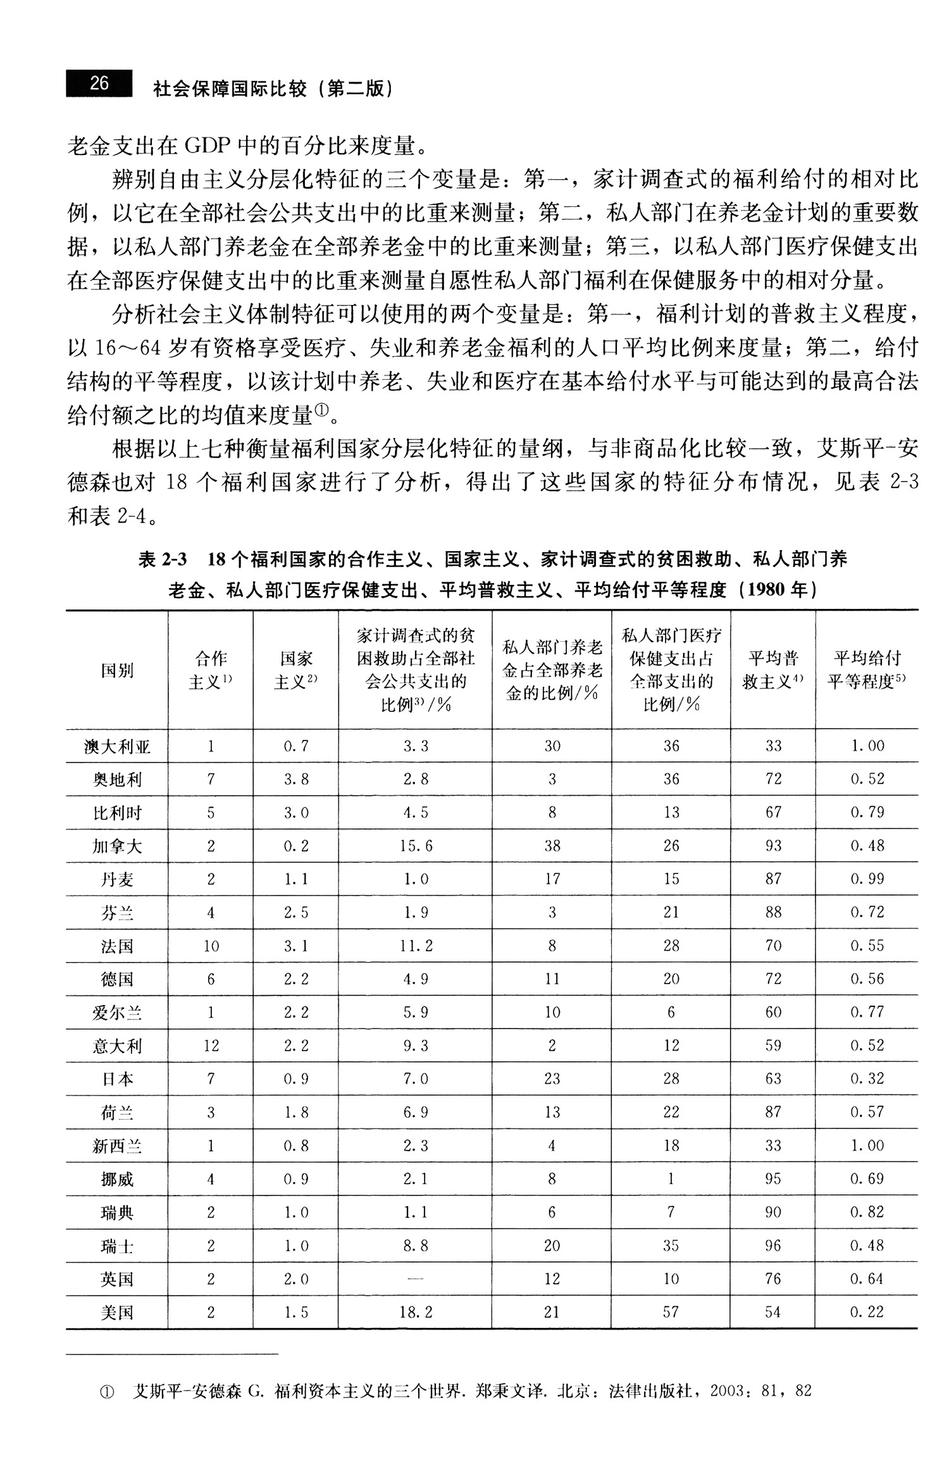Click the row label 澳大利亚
coord(117,747)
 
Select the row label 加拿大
coord(117,846)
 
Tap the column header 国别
coord(117,670)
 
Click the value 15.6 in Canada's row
coord(416,846)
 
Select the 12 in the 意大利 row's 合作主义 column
coord(211,1046)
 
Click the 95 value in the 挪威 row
coord(773,1178)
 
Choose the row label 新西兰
coord(117,1146)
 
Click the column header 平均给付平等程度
coord(867,670)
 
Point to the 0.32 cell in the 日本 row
coord(867,1078)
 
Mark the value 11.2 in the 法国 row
coord(416,946)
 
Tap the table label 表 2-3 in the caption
coord(163,559)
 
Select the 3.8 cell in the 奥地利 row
coord(295,779)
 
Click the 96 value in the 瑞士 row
coord(773,1245)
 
